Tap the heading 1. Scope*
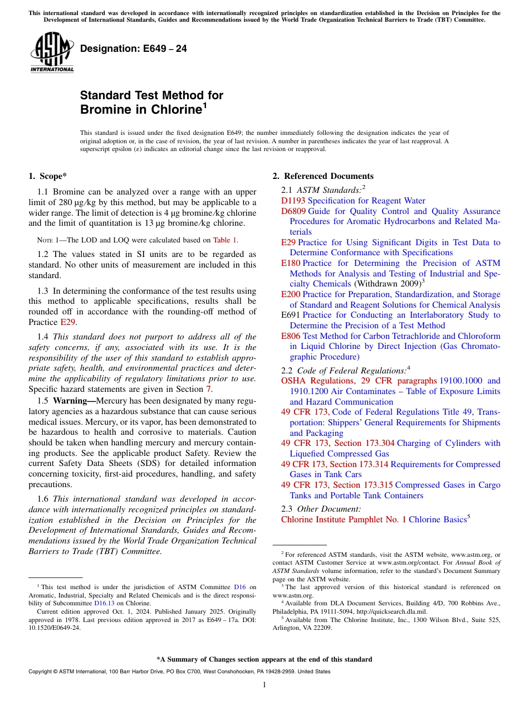click(48, 176)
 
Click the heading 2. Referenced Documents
click(323, 176)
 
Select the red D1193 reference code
click(293, 201)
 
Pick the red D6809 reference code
click(293, 211)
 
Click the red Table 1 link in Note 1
click(226, 240)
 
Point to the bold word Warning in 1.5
click(74, 401)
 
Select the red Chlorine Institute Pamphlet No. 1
click(344, 519)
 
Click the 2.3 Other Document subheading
click(321, 508)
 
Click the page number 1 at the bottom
click(264, 685)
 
